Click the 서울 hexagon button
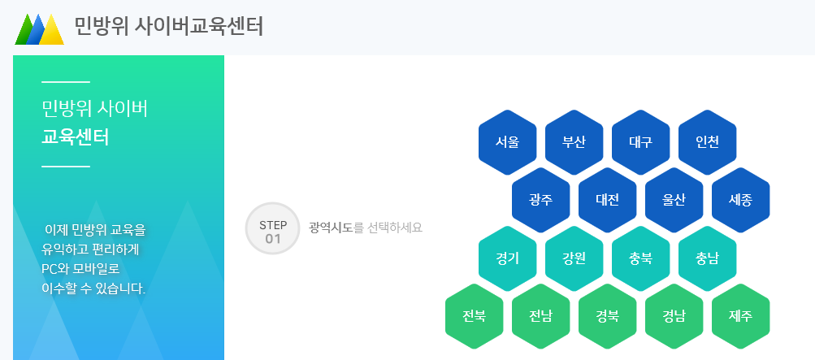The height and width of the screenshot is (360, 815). (x=508, y=141)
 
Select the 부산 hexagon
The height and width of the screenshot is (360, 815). (x=574, y=141)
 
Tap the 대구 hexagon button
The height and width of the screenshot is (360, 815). (x=640, y=141)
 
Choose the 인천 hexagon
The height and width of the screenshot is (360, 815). (x=707, y=141)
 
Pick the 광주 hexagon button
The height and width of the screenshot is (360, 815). (x=541, y=200)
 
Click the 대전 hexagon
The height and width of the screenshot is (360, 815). (x=608, y=200)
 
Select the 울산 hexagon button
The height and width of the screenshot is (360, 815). (x=674, y=200)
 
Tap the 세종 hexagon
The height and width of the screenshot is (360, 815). (x=740, y=200)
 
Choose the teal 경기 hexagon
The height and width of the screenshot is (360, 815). (x=508, y=258)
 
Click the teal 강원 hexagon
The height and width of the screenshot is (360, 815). (x=574, y=258)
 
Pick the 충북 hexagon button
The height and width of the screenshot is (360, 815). (x=640, y=258)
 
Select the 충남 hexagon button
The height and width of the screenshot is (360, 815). (x=707, y=258)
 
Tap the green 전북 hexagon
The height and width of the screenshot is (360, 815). (x=475, y=316)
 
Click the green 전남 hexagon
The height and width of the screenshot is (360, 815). (x=541, y=316)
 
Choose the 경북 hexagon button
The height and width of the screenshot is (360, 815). (x=608, y=316)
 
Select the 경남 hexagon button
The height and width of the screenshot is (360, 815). (x=674, y=316)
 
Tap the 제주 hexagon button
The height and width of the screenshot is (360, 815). (x=740, y=316)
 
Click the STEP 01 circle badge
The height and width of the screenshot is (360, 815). (x=273, y=229)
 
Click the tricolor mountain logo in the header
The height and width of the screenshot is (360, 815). (x=39, y=28)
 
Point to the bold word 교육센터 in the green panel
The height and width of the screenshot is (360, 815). (x=75, y=137)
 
